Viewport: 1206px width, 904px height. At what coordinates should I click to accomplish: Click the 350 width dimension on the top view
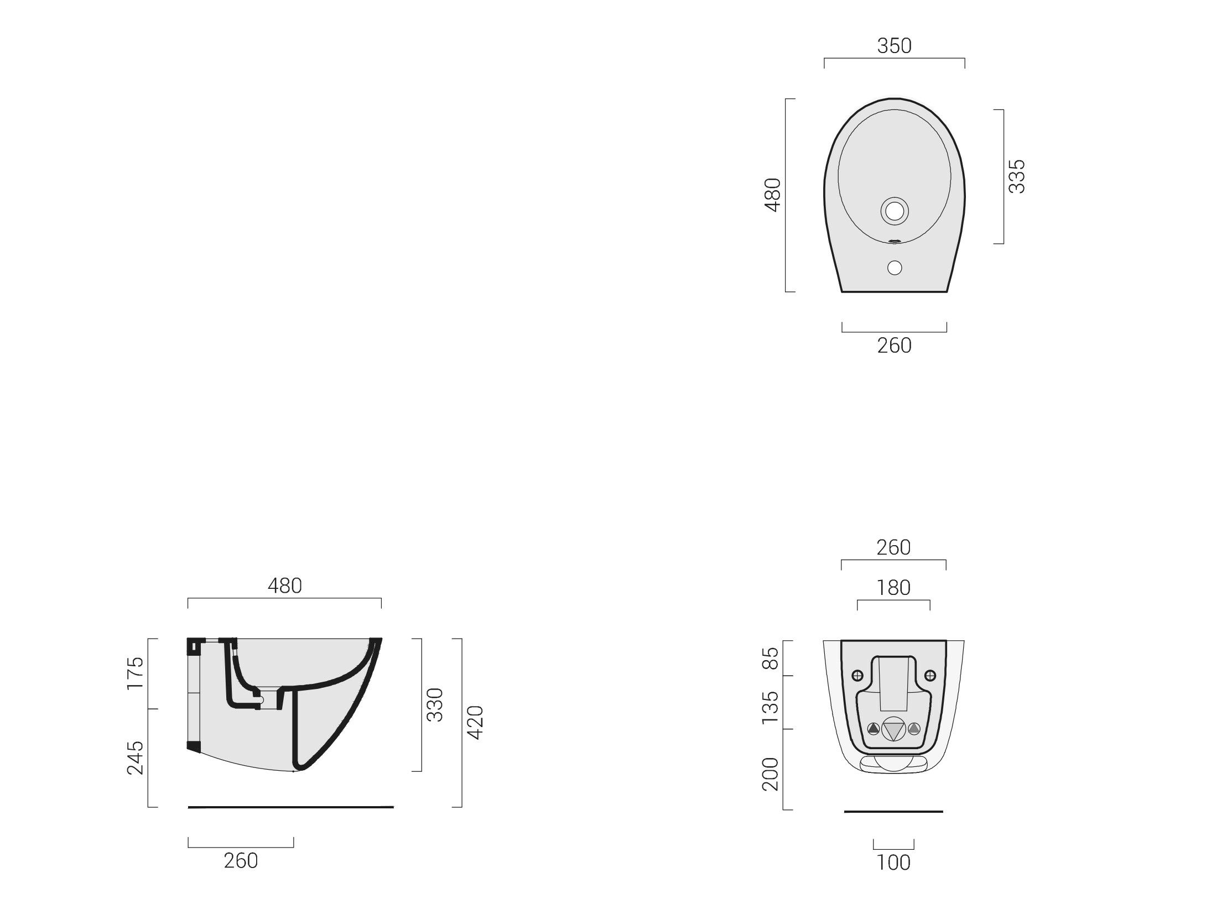pos(894,46)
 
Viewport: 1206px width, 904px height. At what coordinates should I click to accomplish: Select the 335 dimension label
pos(1017,176)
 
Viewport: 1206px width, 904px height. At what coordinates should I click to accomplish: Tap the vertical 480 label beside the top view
pos(772,195)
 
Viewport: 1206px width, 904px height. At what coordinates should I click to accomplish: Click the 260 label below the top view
pos(894,346)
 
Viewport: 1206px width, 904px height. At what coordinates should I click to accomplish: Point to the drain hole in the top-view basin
pos(895,211)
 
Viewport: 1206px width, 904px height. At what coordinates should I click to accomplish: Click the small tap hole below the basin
pos(895,268)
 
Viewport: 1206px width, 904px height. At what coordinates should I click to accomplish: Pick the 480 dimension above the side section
pos(285,586)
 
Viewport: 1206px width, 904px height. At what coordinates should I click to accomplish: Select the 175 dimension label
pos(135,673)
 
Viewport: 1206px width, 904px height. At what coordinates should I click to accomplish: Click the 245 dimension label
pos(135,757)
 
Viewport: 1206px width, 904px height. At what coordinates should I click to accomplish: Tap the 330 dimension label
pos(435,705)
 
